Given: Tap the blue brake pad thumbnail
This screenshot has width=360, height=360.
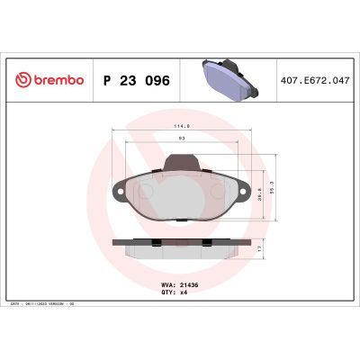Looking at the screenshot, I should point(229,78).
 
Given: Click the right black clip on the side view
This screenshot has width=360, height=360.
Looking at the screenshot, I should point(210,242).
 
